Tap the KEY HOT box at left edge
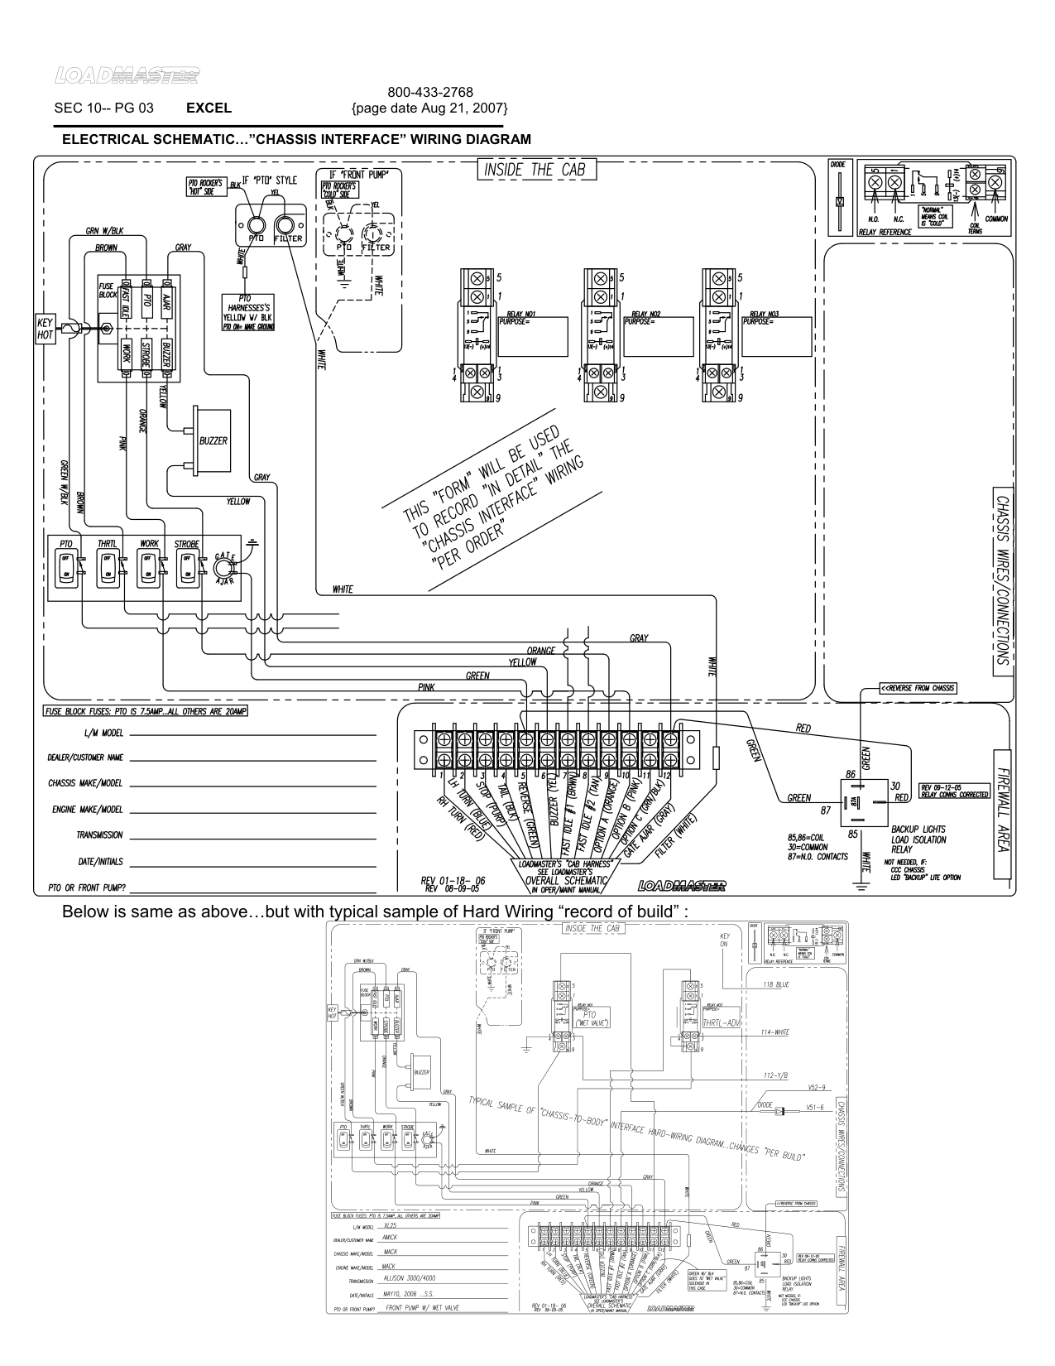click(45, 329)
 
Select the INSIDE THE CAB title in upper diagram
click(535, 170)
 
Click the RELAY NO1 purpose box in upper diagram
click(532, 336)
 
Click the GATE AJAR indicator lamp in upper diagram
click(223, 568)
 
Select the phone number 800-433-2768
click(429, 93)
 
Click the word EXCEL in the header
click(209, 108)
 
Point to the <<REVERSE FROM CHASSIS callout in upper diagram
click(917, 688)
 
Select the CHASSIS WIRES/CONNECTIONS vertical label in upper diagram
click(1000, 580)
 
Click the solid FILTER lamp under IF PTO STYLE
click(286, 226)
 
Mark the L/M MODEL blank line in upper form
click(252, 734)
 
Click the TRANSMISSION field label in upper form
click(99, 835)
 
